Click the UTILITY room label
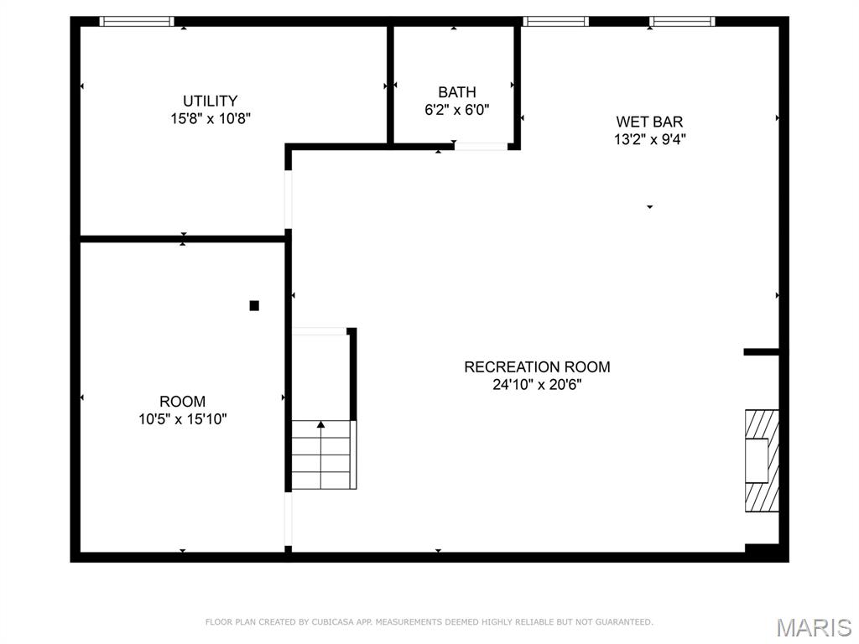click(x=211, y=101)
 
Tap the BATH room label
click(x=457, y=92)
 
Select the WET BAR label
click(x=649, y=122)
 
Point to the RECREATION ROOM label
click(x=537, y=367)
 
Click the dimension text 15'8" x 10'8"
click(x=211, y=119)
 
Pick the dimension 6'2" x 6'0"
click(x=457, y=109)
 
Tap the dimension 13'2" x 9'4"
click(x=649, y=140)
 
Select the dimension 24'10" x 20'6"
click(x=537, y=385)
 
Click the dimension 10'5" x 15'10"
click(x=183, y=419)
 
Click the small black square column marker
click(x=254, y=306)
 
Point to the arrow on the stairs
click(x=320, y=425)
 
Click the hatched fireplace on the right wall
click(x=762, y=460)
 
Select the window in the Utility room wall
click(x=137, y=22)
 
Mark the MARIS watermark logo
click(x=814, y=627)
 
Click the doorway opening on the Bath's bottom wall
click(x=481, y=147)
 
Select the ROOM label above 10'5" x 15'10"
click(x=183, y=402)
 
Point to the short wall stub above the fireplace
click(x=761, y=352)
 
